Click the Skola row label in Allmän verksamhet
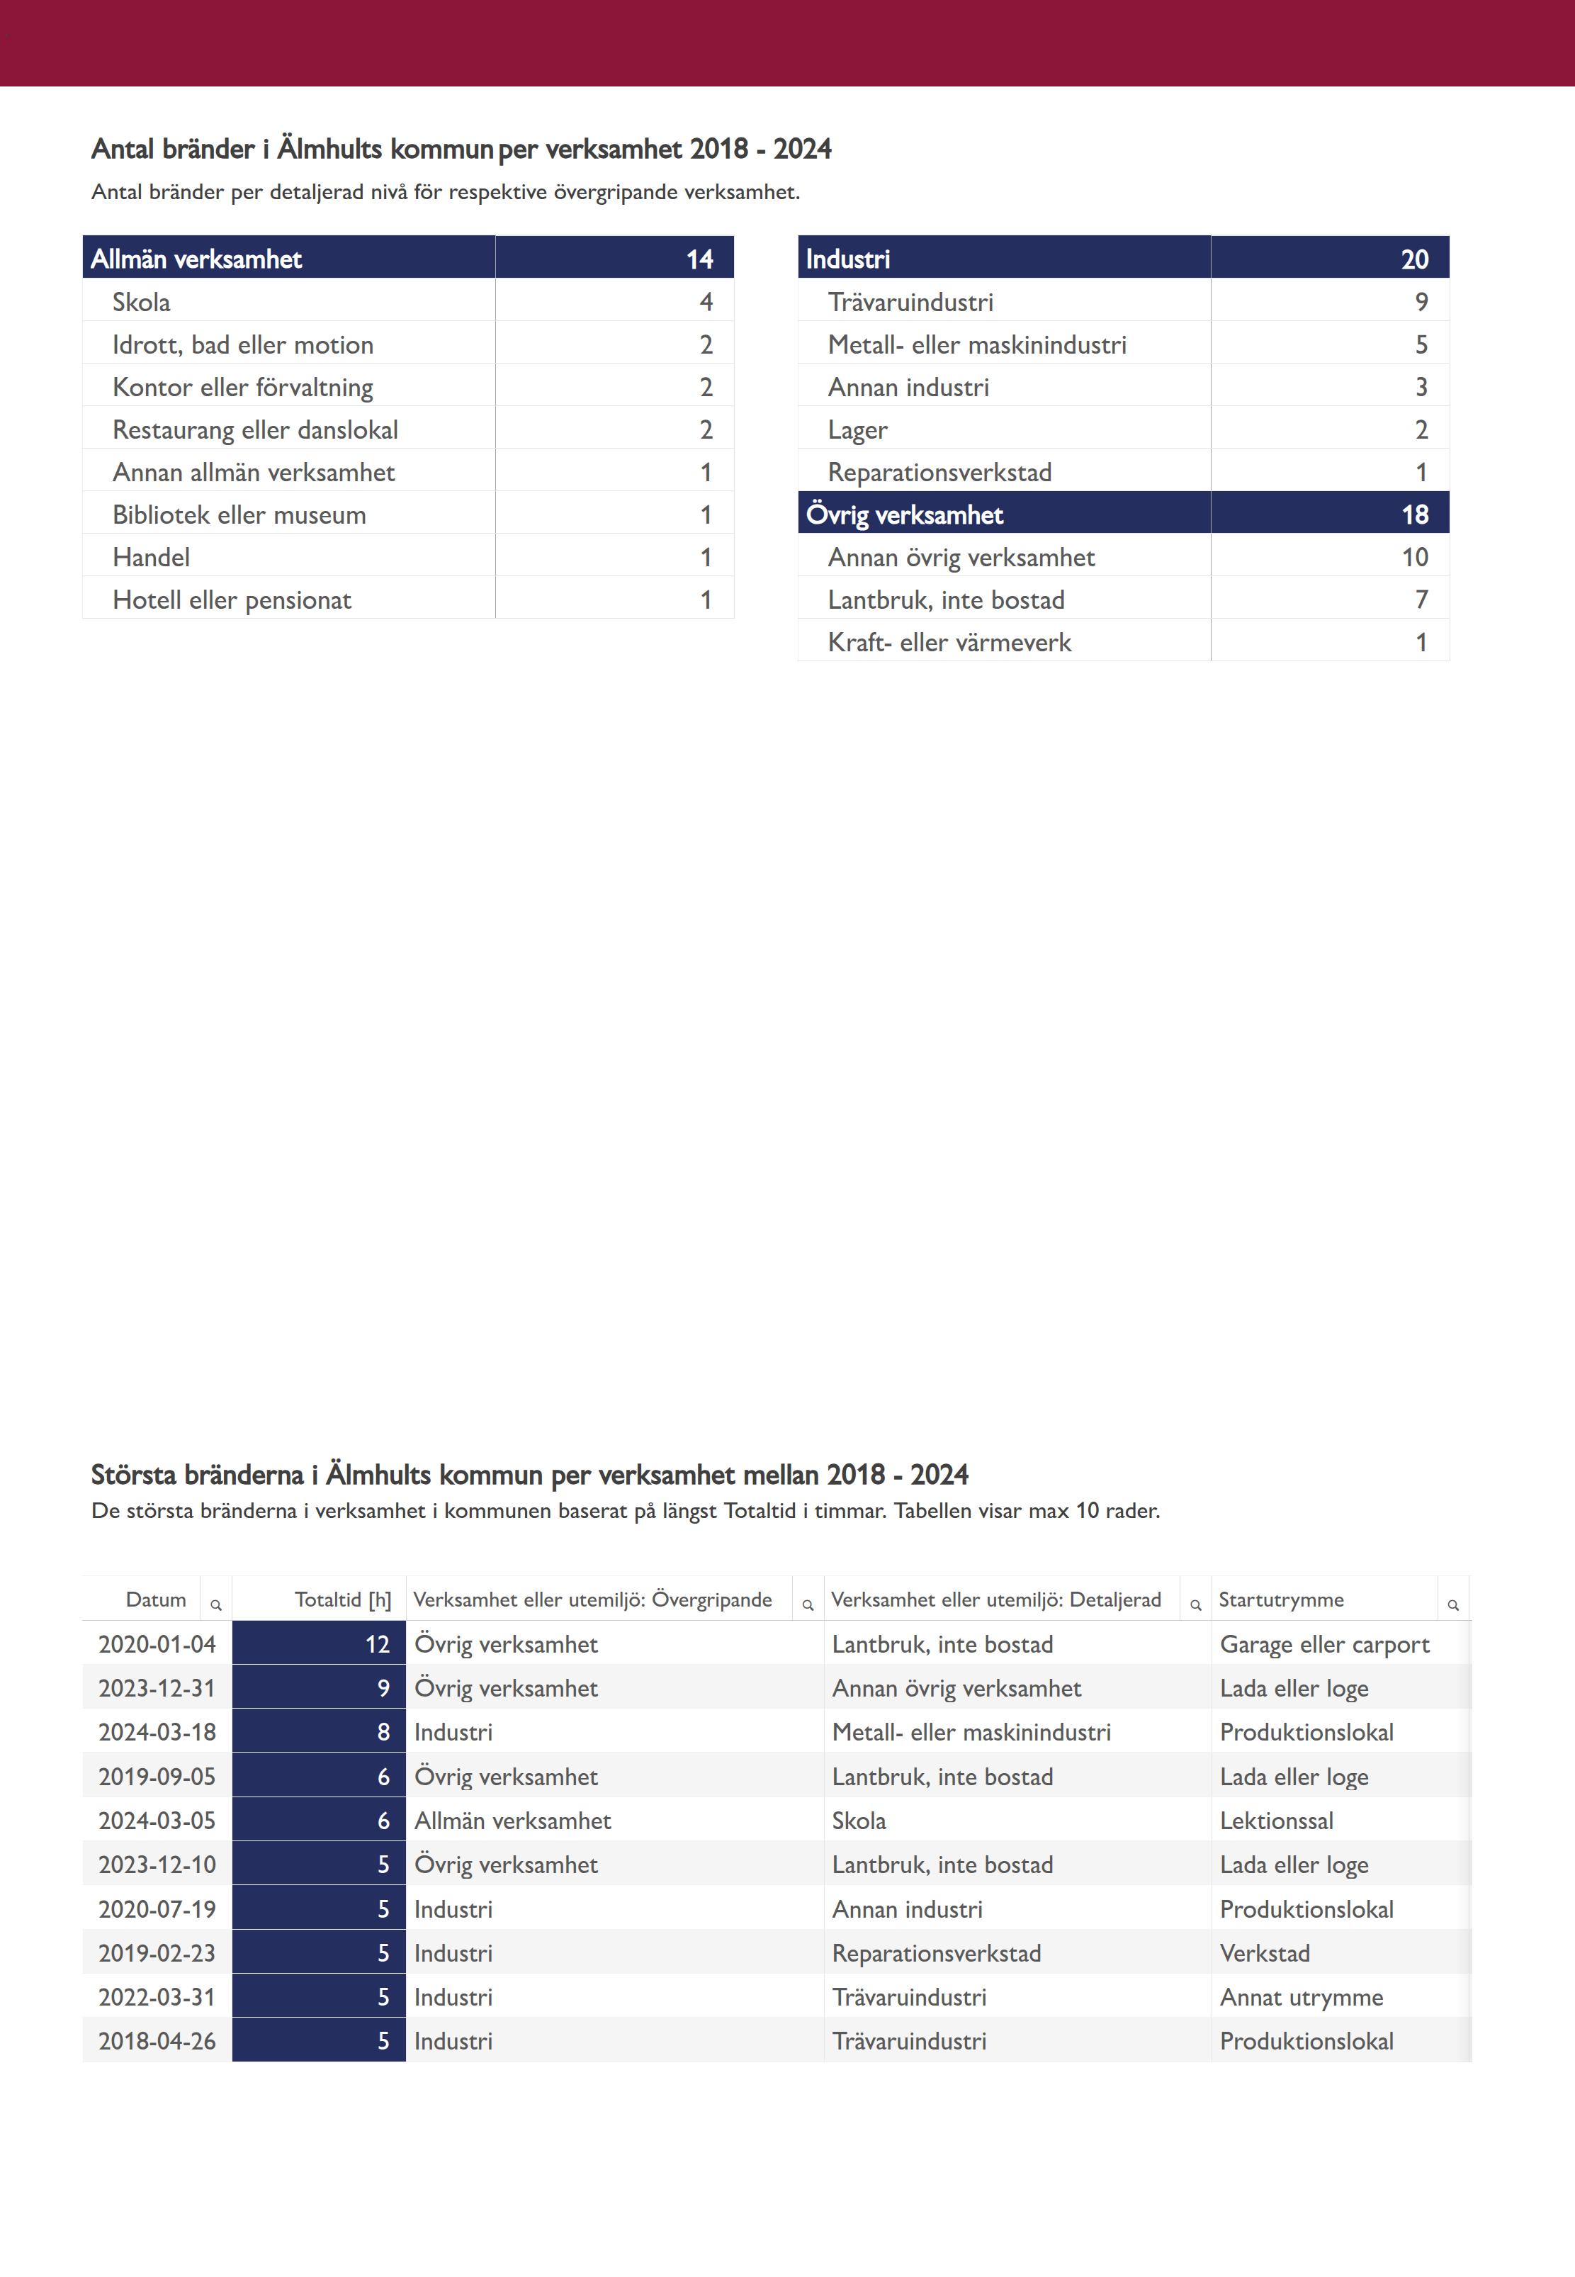pyautogui.click(x=141, y=302)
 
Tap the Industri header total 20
pyautogui.click(x=1413, y=259)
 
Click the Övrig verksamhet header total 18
pyautogui.click(x=1413, y=515)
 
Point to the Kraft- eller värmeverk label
pyautogui.click(x=949, y=643)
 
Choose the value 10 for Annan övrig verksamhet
pyautogui.click(x=1414, y=558)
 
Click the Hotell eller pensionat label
pyautogui.click(x=232, y=600)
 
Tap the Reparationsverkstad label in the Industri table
pyautogui.click(x=939, y=473)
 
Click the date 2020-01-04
pyautogui.click(x=157, y=1644)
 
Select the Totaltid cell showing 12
pyautogui.click(x=377, y=1644)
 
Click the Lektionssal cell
pyautogui.click(x=1276, y=1821)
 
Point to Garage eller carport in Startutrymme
pyautogui.click(x=1324, y=1644)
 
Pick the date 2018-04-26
pyautogui.click(x=157, y=2041)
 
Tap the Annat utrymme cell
pyautogui.click(x=1301, y=1998)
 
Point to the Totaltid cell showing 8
pyautogui.click(x=383, y=1732)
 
